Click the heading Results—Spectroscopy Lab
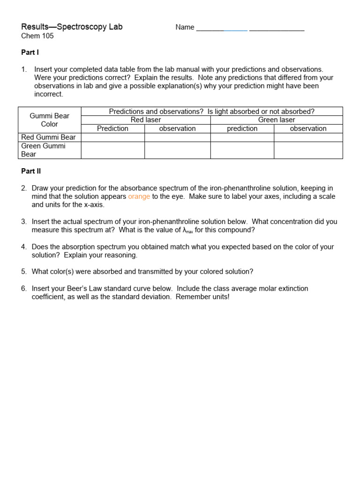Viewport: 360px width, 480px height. [72, 27]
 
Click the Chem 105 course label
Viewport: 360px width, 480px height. [37, 36]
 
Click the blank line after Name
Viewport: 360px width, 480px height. [250, 28]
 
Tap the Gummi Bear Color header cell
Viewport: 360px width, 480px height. [49, 120]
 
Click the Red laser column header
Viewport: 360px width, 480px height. [146, 120]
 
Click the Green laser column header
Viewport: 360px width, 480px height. [277, 120]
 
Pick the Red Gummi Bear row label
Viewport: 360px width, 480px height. [48, 137]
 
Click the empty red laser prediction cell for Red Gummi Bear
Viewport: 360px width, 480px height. [112, 137]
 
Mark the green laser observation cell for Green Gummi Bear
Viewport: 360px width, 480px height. [308, 150]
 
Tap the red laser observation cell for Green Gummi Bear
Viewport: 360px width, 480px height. [177, 150]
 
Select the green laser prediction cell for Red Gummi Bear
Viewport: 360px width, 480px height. [242, 137]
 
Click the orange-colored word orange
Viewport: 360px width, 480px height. [139, 197]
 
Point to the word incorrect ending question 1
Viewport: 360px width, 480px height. [48, 95]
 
